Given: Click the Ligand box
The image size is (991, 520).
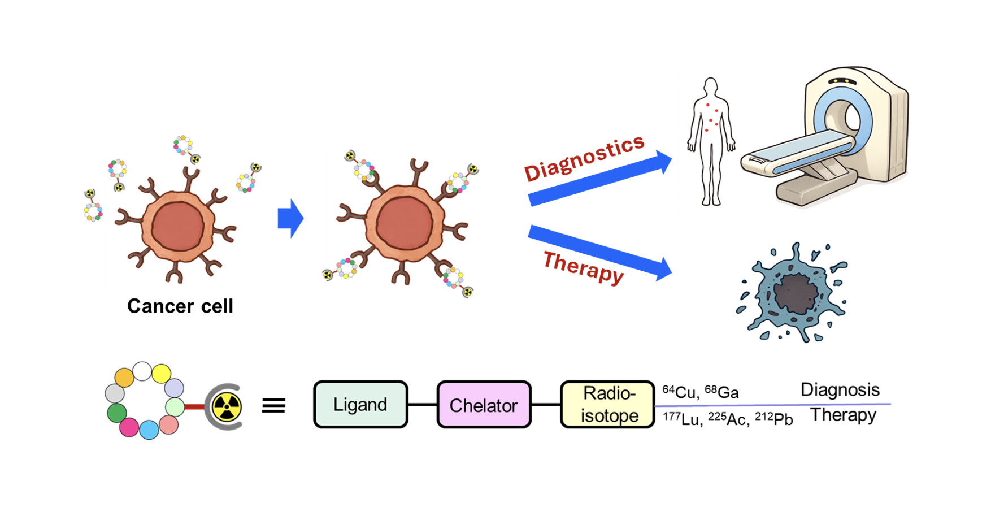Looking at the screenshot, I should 360,405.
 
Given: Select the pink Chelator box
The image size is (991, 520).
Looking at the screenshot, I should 484,405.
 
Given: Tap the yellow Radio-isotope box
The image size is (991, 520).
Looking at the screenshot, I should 608,405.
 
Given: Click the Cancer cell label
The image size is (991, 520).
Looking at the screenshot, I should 180,306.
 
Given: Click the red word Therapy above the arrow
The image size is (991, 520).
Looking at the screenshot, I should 583,267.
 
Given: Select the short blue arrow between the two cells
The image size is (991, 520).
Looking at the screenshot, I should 290,218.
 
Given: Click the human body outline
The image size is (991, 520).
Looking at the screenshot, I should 711,141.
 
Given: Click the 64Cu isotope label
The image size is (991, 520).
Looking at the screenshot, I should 680,392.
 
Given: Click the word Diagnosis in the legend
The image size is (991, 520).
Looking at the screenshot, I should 840,390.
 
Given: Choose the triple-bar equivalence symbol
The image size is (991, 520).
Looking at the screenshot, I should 273,405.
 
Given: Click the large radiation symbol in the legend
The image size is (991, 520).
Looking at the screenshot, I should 227,407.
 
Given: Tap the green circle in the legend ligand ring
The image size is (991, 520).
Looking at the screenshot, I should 117,413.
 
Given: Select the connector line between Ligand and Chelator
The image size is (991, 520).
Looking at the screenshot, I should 422,405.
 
